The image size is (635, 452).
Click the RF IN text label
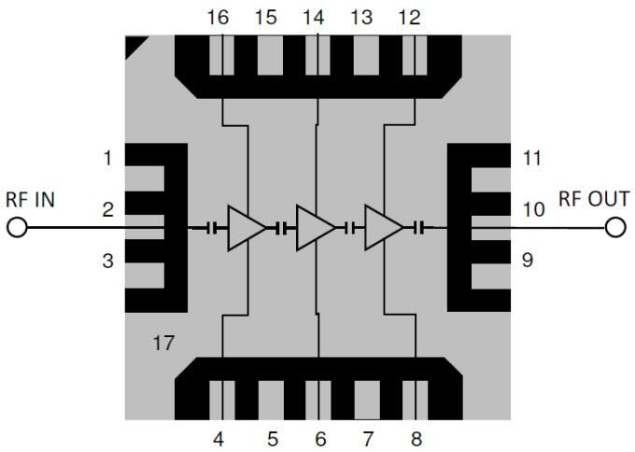coord(30,199)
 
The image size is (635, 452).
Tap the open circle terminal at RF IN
coord(17,227)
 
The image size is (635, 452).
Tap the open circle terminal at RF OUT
coord(614,227)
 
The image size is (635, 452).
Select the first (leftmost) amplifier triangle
coord(246,228)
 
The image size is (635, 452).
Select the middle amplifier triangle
coord(314,228)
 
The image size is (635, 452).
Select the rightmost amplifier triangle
coord(383,228)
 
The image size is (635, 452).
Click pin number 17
coord(162,343)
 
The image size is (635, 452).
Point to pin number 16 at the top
coord(218,17)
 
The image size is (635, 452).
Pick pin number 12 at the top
coord(408,17)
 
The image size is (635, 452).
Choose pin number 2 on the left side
coord(107,210)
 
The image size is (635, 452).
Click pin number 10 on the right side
coord(533,210)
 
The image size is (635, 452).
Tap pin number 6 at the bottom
coord(319,437)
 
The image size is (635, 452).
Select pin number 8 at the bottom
coord(416,437)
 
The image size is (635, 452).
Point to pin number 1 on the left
coord(107,159)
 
